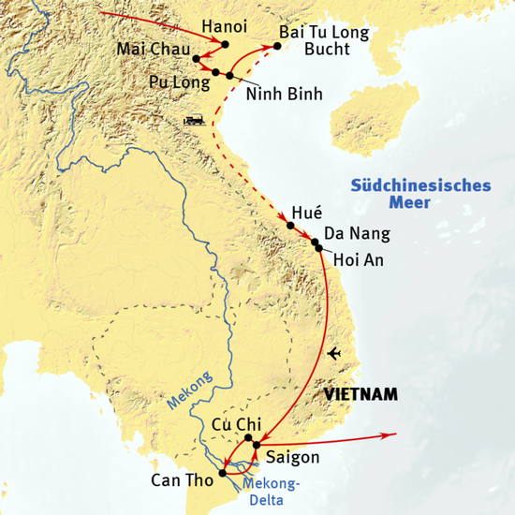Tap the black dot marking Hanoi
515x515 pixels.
[225, 44]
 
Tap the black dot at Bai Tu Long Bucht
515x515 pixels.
[278, 45]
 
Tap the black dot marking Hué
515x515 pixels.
[290, 226]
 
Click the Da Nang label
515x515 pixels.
[355, 234]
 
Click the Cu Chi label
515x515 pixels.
[235, 423]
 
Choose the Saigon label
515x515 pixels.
[293, 458]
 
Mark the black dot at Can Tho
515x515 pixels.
[223, 474]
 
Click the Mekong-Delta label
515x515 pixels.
[271, 490]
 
